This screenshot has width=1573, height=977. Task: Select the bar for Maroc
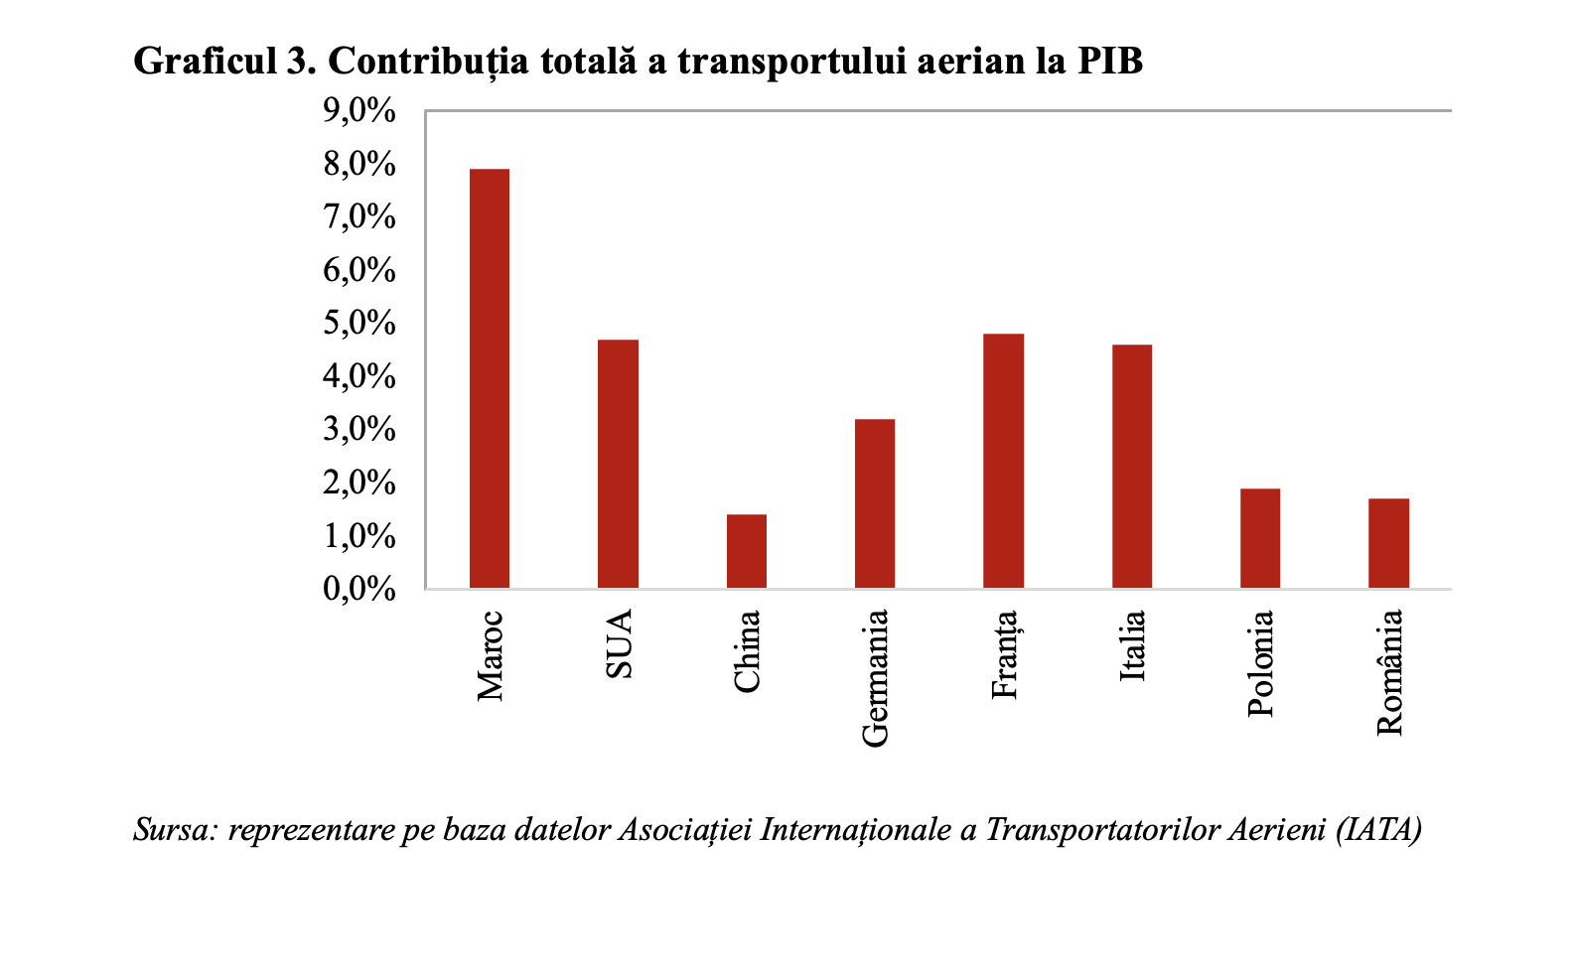pos(489,378)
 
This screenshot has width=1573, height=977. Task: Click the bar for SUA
pos(618,464)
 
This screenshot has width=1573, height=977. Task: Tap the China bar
pos(746,551)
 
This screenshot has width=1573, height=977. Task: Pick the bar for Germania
pos(874,503)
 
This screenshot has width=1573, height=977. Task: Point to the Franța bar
pos(1003,461)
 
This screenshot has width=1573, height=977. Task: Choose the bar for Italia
pos(1131,467)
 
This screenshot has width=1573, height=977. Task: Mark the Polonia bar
pos(1259,538)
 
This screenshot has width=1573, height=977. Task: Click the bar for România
pos(1388,543)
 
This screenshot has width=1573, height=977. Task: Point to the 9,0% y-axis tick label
pos(359,111)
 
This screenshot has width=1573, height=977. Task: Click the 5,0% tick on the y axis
pos(359,324)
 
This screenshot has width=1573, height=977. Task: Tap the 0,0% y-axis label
pos(359,590)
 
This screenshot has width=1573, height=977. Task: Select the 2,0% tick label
pos(359,484)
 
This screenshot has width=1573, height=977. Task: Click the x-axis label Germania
pos(875,678)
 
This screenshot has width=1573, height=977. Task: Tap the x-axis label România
pos(1389,672)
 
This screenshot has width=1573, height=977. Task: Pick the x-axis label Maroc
pos(490,656)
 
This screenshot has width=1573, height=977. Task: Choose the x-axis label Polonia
pos(1260,663)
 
